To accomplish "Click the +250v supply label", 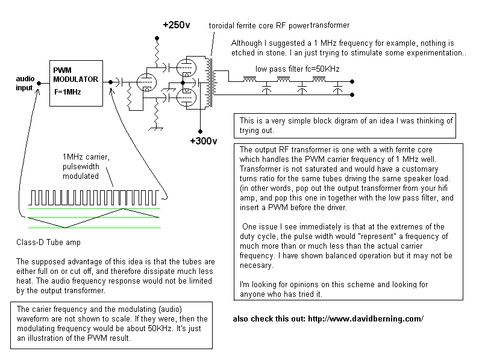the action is [177, 25].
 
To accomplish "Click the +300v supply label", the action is [204, 141].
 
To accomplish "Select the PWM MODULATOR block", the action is [77, 83].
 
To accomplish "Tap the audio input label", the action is [25, 83].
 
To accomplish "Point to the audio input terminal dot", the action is [39, 83].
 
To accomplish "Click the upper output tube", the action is [186, 67].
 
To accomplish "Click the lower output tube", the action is [186, 98].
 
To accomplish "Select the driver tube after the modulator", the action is [146, 82].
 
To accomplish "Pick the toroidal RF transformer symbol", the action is [211, 82].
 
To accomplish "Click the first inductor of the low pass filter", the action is [249, 79].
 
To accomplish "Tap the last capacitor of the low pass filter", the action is [337, 88].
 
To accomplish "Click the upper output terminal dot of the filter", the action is [352, 82].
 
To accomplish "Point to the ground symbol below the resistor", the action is [156, 129].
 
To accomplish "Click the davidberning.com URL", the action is [366, 319].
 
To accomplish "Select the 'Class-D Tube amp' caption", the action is [48, 243].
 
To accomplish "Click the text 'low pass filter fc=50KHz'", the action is [297, 69].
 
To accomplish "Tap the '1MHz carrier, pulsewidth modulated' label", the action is [86, 167].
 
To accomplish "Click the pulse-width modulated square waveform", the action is [94, 197].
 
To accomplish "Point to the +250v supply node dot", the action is [157, 39].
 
